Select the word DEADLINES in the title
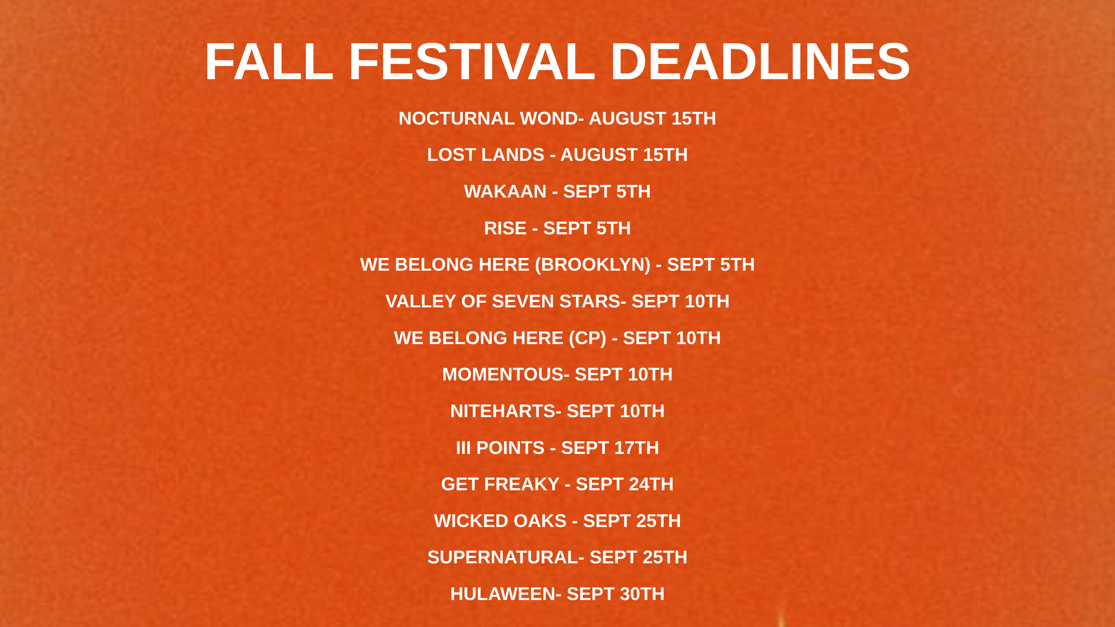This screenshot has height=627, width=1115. (x=760, y=62)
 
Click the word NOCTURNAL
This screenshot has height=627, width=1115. (x=457, y=118)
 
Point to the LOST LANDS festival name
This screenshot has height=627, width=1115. (x=486, y=155)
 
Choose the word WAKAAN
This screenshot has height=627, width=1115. (x=505, y=191)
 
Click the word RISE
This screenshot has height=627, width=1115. (x=505, y=228)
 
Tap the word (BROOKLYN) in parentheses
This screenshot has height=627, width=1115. (x=593, y=265)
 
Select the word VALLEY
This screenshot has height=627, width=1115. (x=420, y=301)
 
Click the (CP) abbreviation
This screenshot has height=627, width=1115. (x=587, y=338)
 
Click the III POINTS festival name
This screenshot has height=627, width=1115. (x=500, y=448)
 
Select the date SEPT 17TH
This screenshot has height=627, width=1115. (x=610, y=448)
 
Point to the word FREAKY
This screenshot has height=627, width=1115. (x=522, y=484)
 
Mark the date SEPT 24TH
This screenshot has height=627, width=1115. (x=624, y=484)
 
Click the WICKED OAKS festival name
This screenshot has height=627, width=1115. (x=500, y=521)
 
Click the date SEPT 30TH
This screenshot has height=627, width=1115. (x=615, y=594)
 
